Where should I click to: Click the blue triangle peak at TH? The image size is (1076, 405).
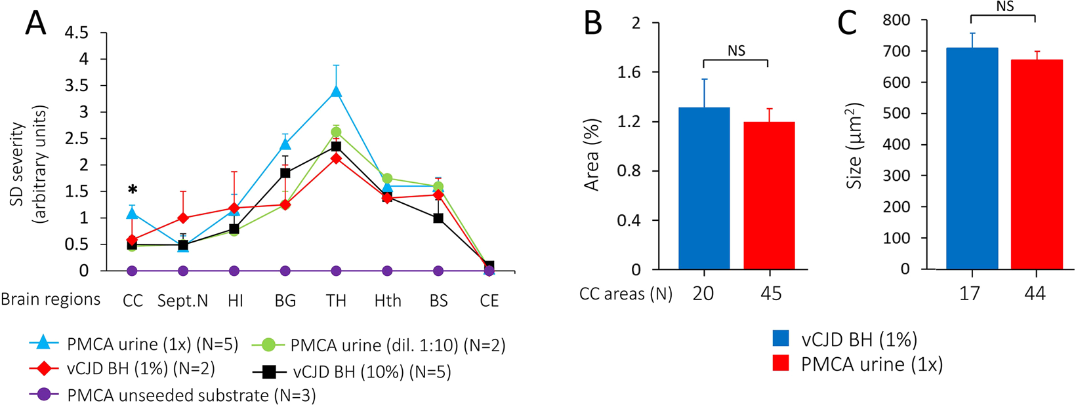pos(336,91)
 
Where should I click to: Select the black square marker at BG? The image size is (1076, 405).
pos(285,173)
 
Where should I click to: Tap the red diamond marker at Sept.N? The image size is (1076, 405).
pos(184,218)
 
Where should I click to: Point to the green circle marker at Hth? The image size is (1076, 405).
pos(387,178)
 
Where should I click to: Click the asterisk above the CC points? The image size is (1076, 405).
pos(133,190)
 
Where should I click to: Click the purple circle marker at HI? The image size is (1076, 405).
pos(234,271)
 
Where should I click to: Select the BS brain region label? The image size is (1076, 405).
pos(438,300)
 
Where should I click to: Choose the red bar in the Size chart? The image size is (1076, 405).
pos(1036,164)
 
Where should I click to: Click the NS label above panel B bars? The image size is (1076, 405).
pos(736,51)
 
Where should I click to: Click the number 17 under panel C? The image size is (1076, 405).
pos(970,294)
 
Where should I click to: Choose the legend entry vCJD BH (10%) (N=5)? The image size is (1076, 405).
pos(371,372)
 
